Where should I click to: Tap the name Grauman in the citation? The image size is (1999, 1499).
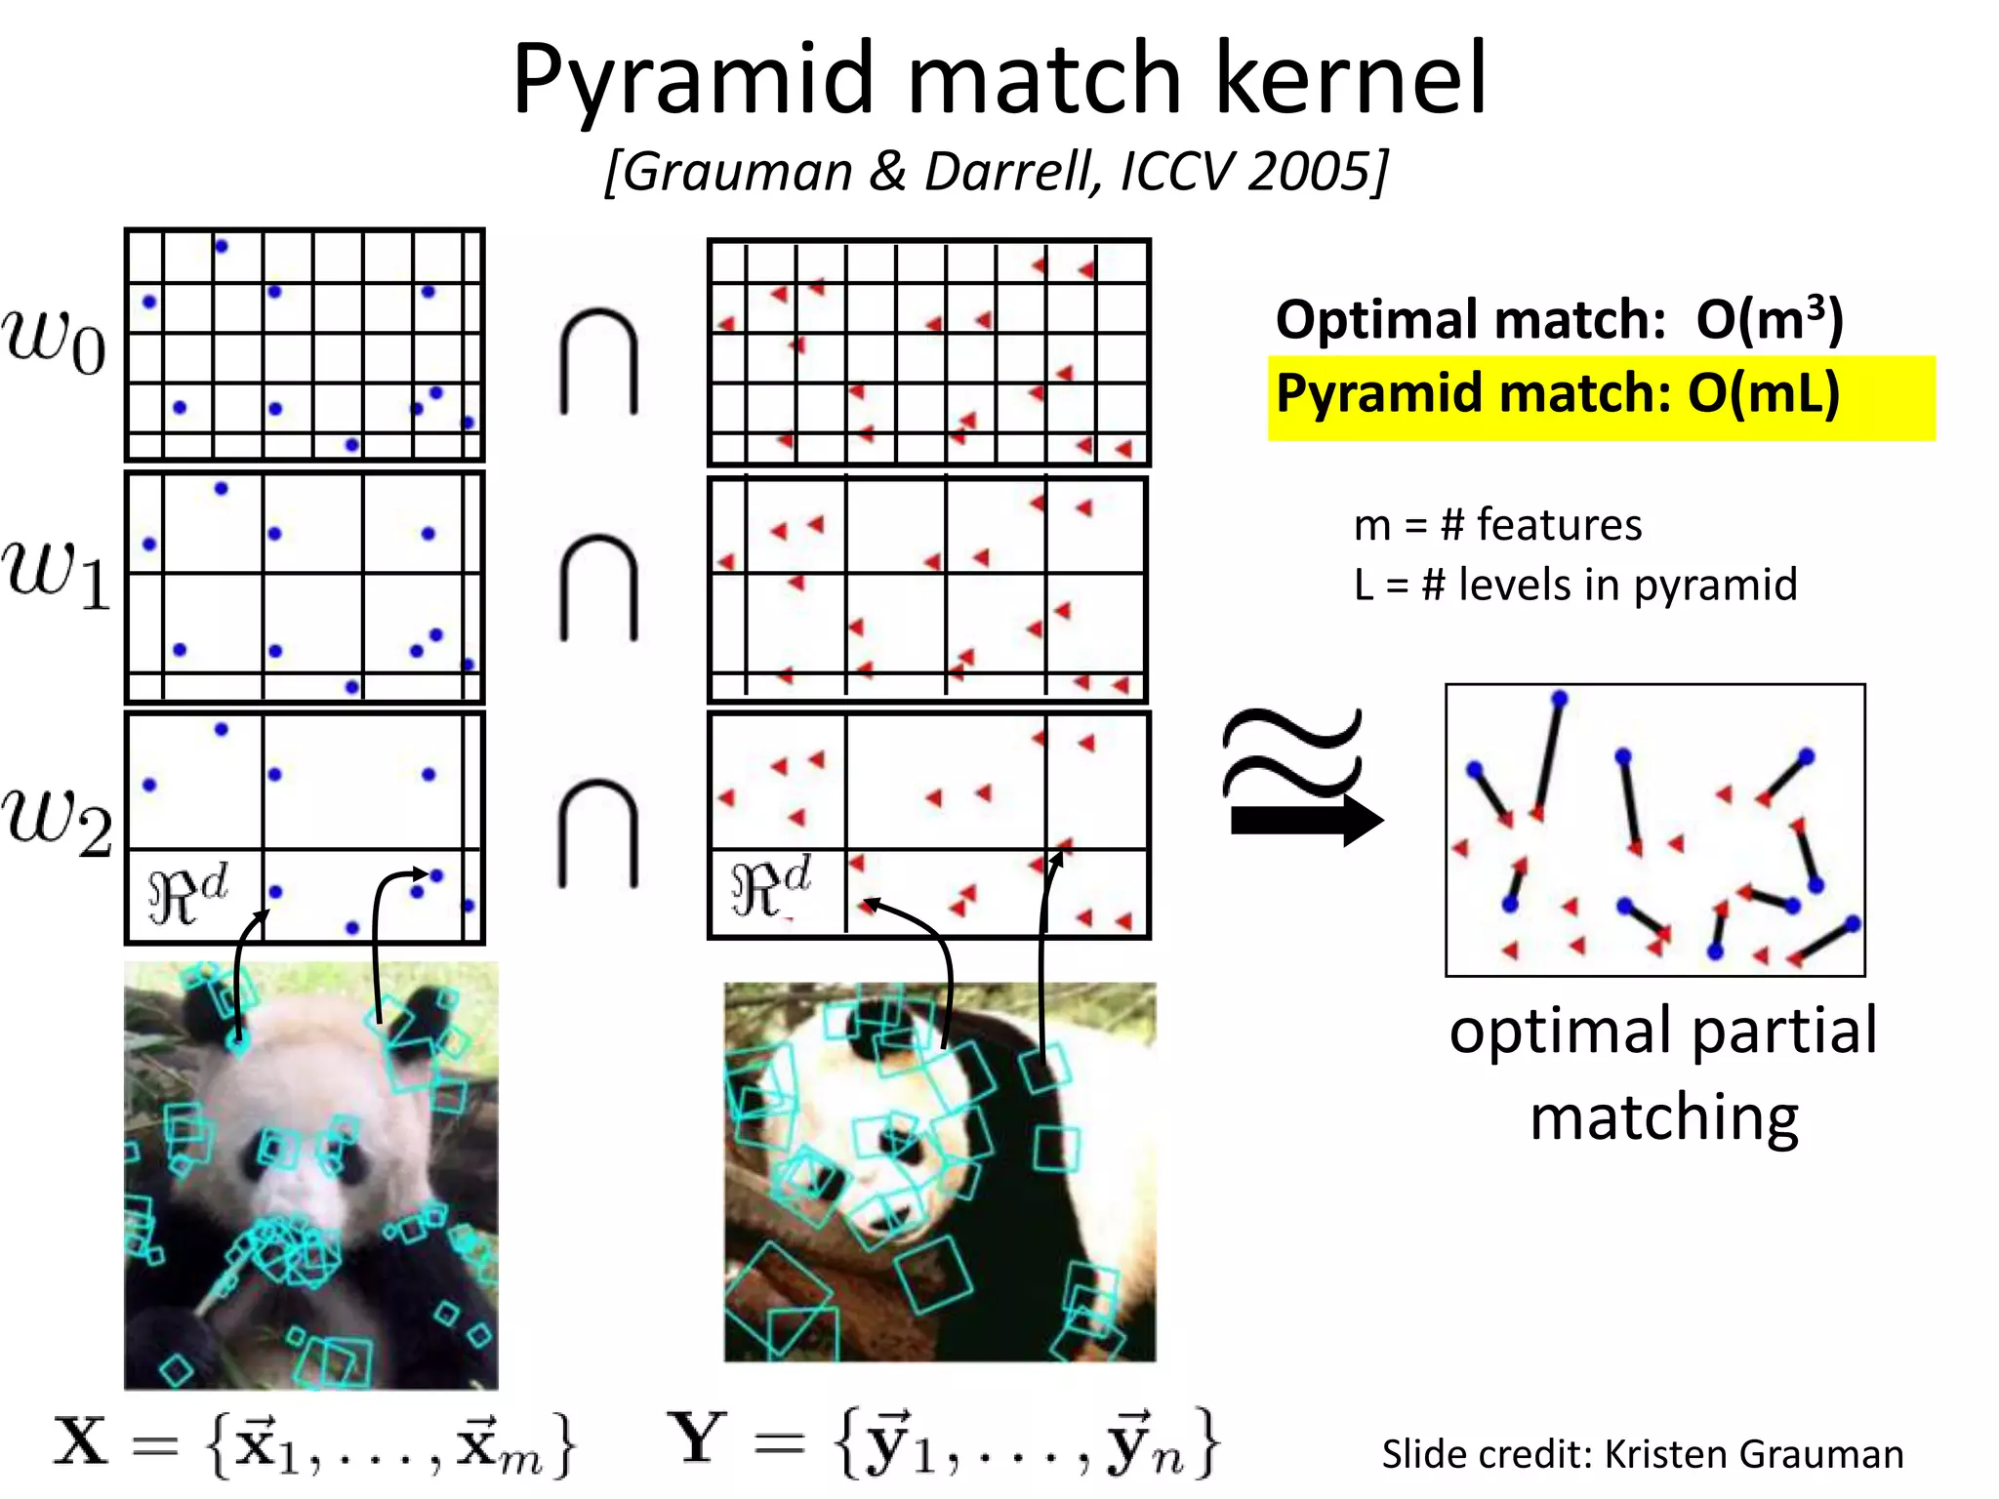[x=738, y=172]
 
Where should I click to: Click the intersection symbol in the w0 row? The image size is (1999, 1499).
[x=598, y=362]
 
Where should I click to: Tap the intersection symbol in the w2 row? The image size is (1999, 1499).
[x=598, y=834]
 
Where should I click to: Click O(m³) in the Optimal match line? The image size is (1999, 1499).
[x=1769, y=318]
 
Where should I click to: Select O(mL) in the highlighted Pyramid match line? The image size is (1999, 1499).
[x=1763, y=393]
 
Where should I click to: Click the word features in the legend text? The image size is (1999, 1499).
[x=1559, y=525]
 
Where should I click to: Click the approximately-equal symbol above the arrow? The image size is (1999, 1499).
[x=1291, y=752]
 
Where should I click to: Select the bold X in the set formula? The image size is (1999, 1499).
[x=80, y=1441]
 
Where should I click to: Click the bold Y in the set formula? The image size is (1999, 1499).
[x=696, y=1438]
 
